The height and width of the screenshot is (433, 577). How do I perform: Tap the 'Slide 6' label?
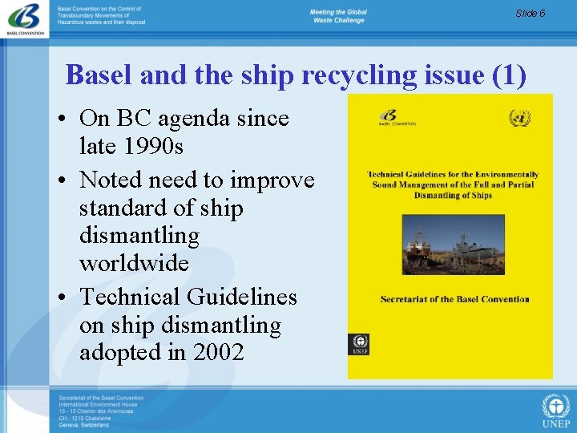pos(531,14)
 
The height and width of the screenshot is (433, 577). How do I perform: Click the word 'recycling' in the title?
pos(360,75)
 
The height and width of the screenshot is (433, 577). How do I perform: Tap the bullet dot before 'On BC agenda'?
pos(63,119)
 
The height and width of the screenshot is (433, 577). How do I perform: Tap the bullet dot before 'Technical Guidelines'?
pos(63,298)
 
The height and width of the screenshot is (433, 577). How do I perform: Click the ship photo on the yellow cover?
pos(453,245)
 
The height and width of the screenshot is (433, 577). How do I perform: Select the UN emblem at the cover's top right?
pos(520,119)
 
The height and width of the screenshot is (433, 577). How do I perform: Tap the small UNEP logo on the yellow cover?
pos(359,344)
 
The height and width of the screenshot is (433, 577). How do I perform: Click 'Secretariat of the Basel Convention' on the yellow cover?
pos(454,299)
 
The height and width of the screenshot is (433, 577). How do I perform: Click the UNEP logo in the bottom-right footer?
pos(556,410)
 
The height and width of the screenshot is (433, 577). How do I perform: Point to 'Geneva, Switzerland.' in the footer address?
pos(84,425)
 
